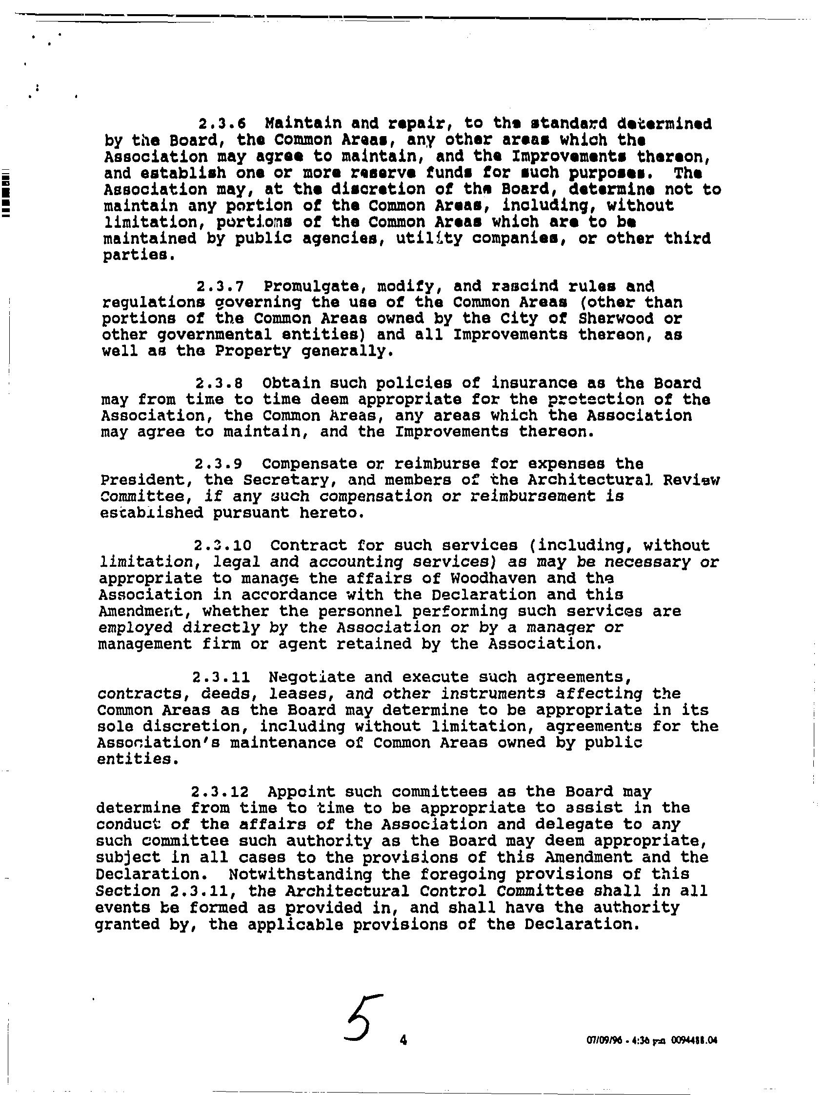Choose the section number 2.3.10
click(223, 545)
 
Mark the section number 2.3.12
click(221, 792)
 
